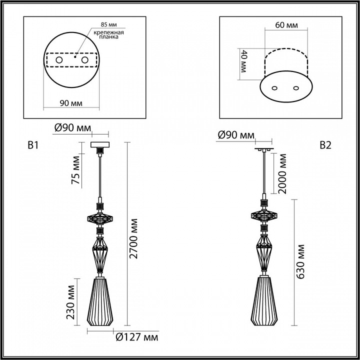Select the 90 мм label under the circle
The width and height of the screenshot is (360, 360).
[71, 103]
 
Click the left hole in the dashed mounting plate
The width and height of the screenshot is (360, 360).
[59, 60]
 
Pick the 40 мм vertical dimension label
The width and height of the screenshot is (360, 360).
[244, 60]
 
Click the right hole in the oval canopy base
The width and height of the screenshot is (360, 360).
[296, 88]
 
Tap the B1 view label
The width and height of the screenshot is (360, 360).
[33, 145]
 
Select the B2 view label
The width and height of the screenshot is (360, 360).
[325, 145]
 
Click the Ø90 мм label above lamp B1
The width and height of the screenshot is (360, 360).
[73, 128]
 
